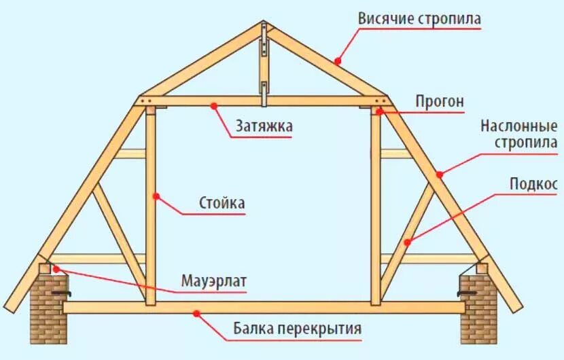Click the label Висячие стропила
click(x=419, y=18)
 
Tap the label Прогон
click(x=440, y=102)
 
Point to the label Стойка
click(x=222, y=203)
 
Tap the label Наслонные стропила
click(x=520, y=134)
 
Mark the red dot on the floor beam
click(x=196, y=313)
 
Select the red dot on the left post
click(x=156, y=197)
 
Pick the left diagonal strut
click(x=120, y=231)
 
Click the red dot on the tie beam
click(x=214, y=105)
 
